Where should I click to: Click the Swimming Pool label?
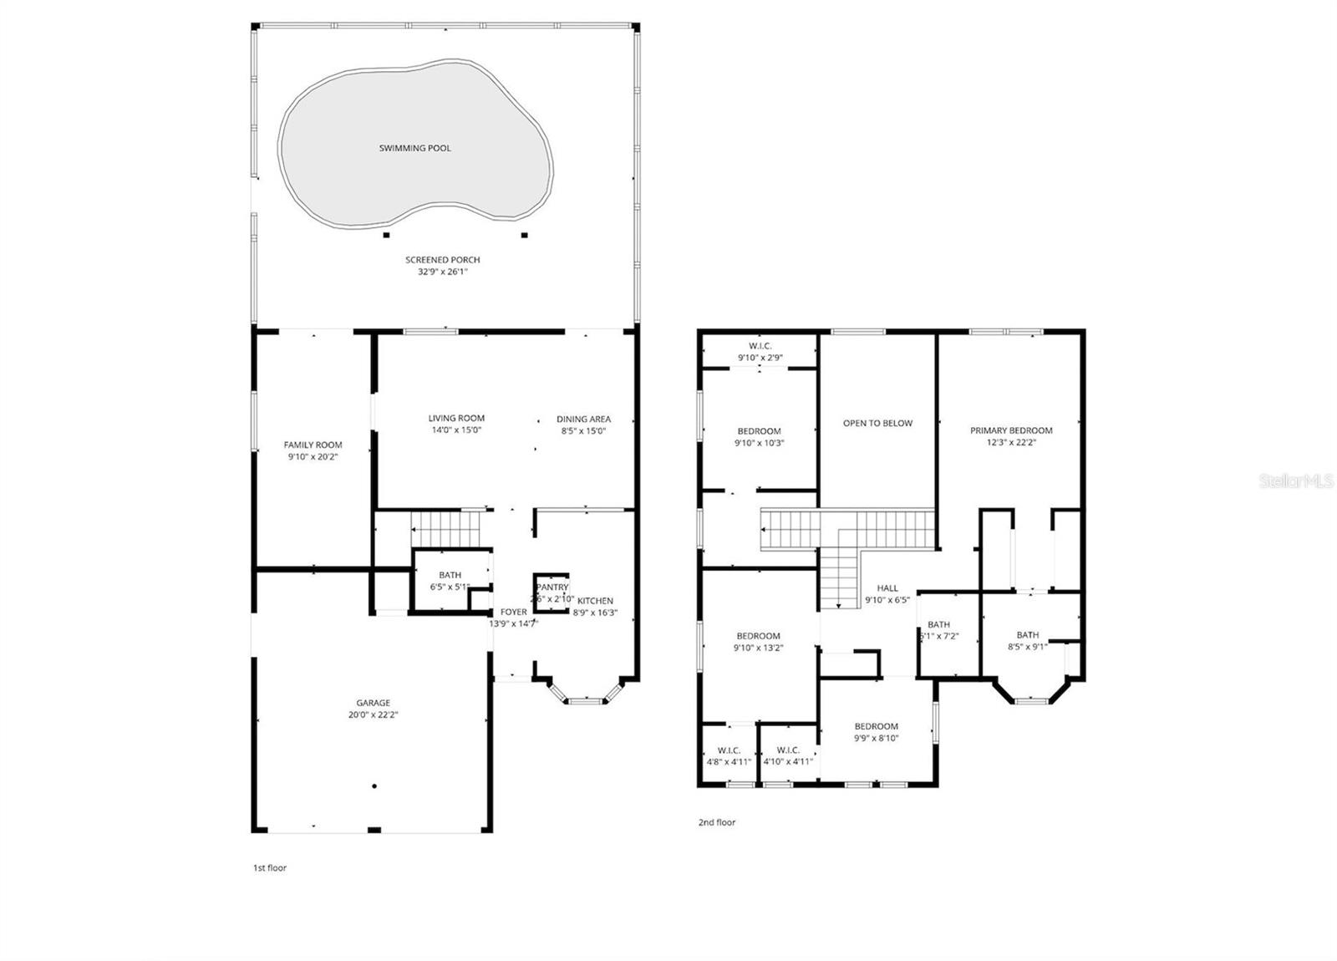tap(414, 148)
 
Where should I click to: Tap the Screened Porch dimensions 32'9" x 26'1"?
tap(443, 272)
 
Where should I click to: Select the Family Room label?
tap(313, 445)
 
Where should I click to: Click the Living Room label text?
tap(456, 418)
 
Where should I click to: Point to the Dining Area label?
tap(583, 419)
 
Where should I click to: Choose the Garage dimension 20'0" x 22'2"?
tap(373, 715)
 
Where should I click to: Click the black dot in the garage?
tap(374, 786)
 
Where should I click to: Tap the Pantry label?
tap(552, 587)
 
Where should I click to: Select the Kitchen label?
tap(595, 601)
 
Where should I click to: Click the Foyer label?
tap(513, 612)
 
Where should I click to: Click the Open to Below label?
tap(877, 423)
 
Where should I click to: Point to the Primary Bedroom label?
tap(1011, 430)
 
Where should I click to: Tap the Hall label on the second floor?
tap(887, 588)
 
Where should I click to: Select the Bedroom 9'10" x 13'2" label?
tap(758, 636)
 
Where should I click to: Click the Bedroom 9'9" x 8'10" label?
tap(876, 726)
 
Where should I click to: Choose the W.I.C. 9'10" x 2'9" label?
tap(760, 346)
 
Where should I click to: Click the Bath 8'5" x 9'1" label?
tap(1027, 635)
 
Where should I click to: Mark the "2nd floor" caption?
tap(717, 822)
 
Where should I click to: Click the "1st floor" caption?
tap(270, 867)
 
